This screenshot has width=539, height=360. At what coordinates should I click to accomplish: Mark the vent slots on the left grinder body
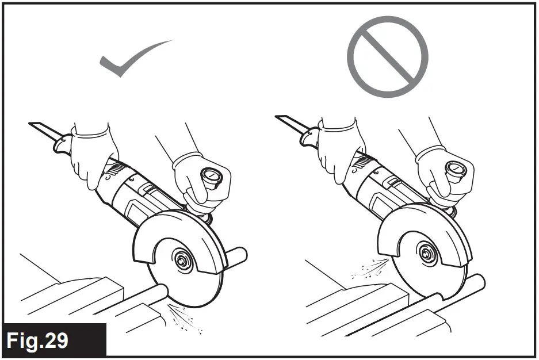click(x=114, y=170)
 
